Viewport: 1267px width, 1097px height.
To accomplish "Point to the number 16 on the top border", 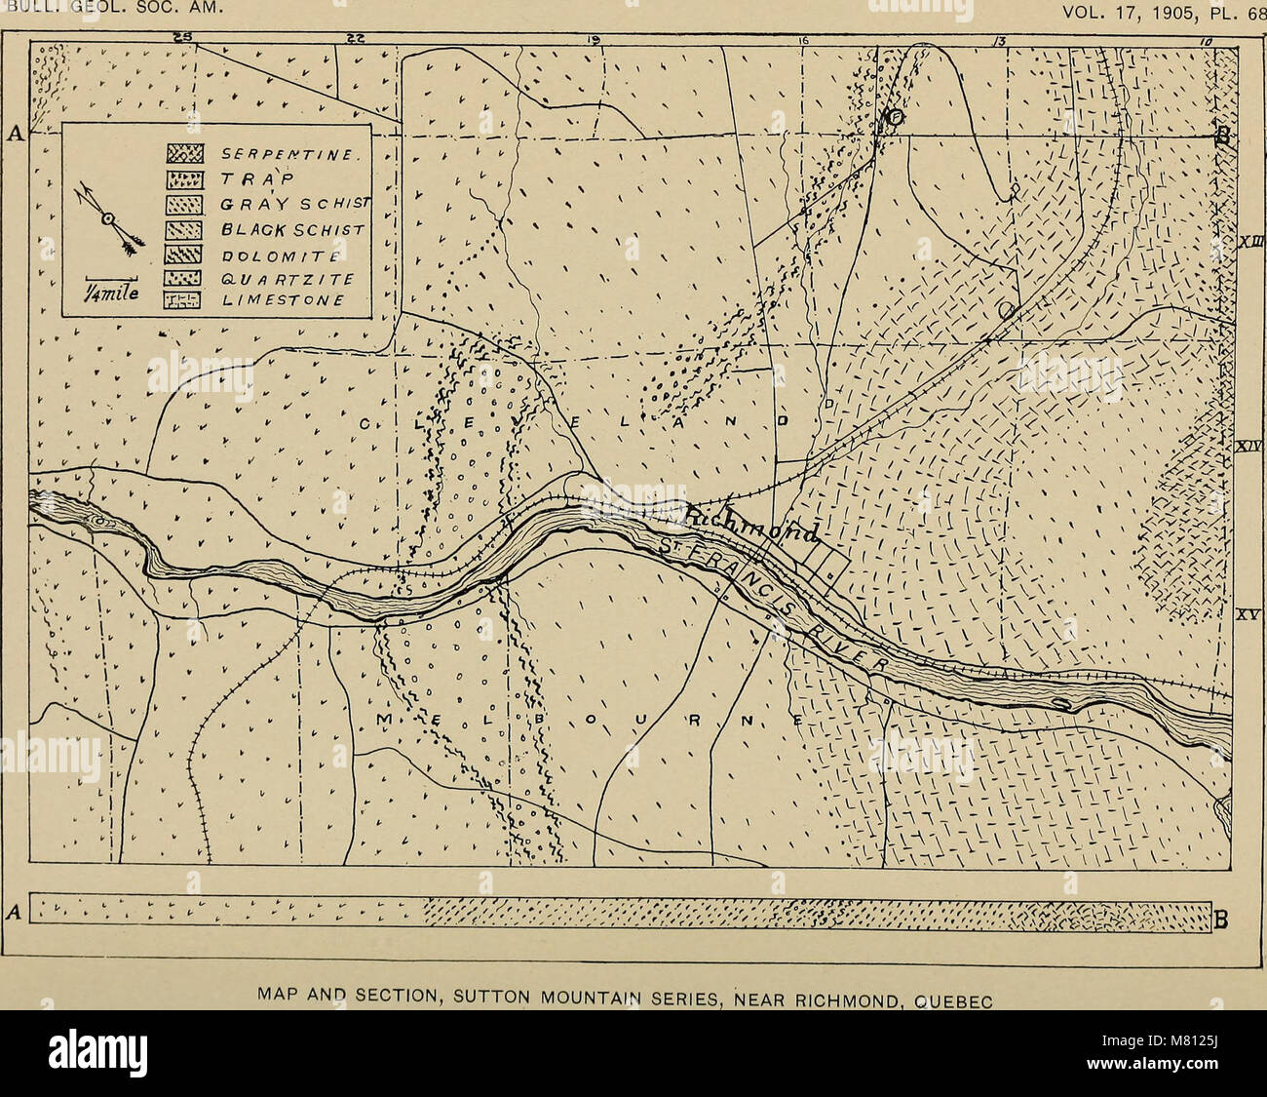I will (x=802, y=40).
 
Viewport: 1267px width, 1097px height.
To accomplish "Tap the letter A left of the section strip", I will (x=14, y=913).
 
